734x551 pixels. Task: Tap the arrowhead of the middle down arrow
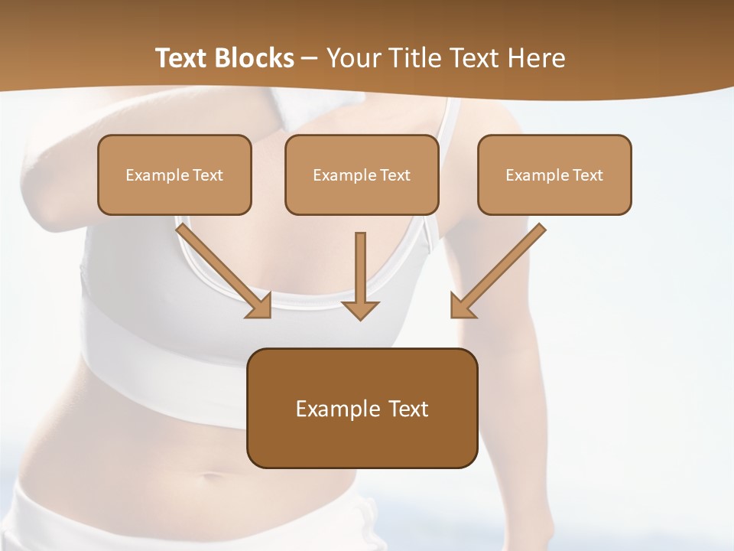pos(360,308)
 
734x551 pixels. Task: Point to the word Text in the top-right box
pos(588,175)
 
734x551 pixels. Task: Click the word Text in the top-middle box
pos(395,175)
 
